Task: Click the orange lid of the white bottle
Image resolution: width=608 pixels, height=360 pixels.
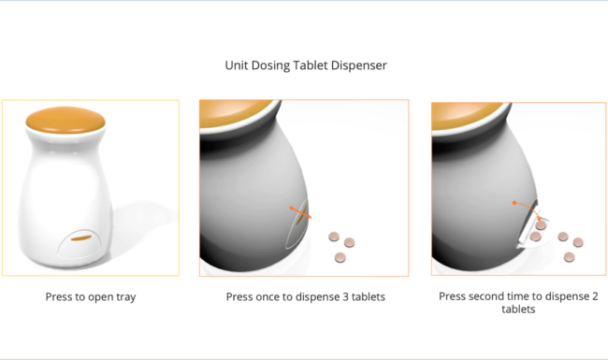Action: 65,120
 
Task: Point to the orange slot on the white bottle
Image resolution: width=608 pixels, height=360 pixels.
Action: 81,238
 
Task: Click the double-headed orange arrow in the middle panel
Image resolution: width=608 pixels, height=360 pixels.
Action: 300,212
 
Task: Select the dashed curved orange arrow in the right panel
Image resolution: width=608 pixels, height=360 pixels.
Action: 528,209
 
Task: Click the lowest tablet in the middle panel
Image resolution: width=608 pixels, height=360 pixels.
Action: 340,257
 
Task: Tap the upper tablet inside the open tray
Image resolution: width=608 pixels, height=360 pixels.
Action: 541,225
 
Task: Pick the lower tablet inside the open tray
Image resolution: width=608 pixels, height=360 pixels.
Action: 535,236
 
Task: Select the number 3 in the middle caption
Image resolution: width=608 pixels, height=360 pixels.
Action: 346,296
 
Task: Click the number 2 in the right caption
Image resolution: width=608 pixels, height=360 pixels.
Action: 595,296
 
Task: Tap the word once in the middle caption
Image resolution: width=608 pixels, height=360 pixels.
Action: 267,296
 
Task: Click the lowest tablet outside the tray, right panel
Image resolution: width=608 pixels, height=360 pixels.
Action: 569,257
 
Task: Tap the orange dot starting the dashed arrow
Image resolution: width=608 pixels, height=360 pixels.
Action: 514,203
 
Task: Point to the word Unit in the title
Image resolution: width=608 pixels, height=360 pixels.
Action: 237,65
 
